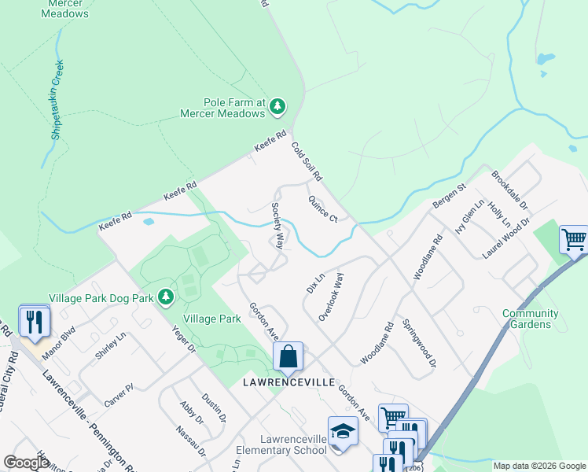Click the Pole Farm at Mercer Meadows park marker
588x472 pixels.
(277, 106)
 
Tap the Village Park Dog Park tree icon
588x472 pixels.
(165, 297)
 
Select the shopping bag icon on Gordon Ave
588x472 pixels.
(288, 358)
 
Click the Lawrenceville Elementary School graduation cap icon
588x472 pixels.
(343, 433)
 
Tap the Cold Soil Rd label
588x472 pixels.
(307, 161)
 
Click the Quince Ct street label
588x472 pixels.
(322, 208)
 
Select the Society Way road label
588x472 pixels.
(277, 226)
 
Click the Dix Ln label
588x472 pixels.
(314, 284)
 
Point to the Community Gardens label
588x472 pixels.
(531, 319)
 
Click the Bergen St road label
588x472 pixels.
(449, 197)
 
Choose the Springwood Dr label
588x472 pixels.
(418, 344)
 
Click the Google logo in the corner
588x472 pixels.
(27, 463)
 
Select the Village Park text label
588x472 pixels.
(211, 319)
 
